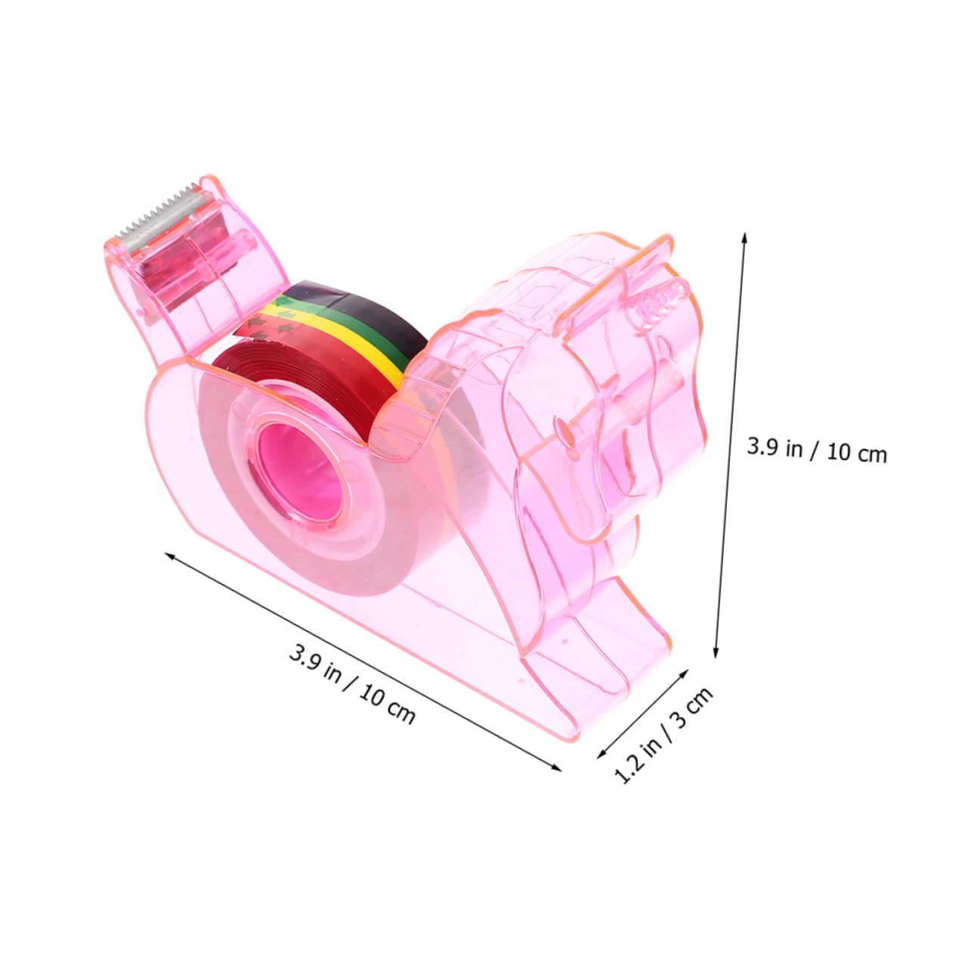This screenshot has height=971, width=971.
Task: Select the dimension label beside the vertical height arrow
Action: coord(816,450)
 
